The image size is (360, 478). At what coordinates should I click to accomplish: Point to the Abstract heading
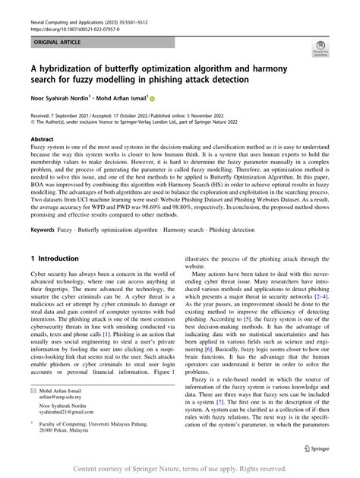point(42,141)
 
